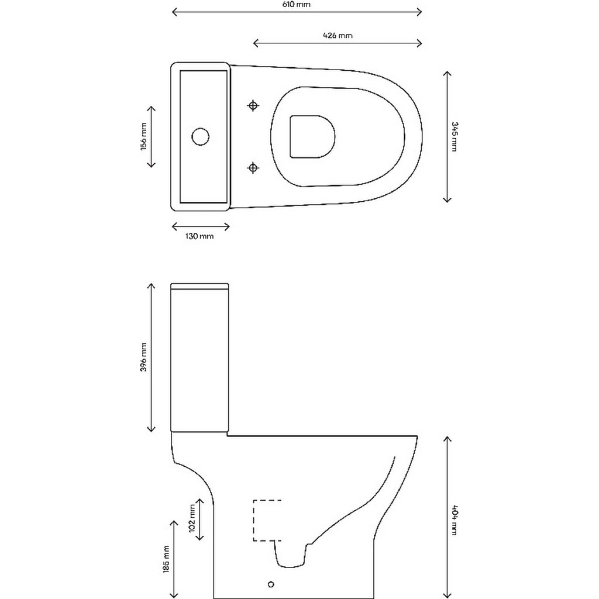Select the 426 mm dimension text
click(x=338, y=36)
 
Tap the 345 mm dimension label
click(x=454, y=136)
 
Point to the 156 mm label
click(x=143, y=136)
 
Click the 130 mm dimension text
click(x=199, y=236)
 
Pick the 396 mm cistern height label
click(x=143, y=357)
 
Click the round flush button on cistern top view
click(x=200, y=136)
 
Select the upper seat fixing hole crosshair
click(x=253, y=105)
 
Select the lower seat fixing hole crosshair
click(x=253, y=168)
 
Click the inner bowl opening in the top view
click(x=312, y=136)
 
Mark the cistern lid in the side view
click(x=199, y=287)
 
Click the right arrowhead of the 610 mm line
click(x=419, y=12)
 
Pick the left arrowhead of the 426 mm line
click(x=256, y=42)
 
